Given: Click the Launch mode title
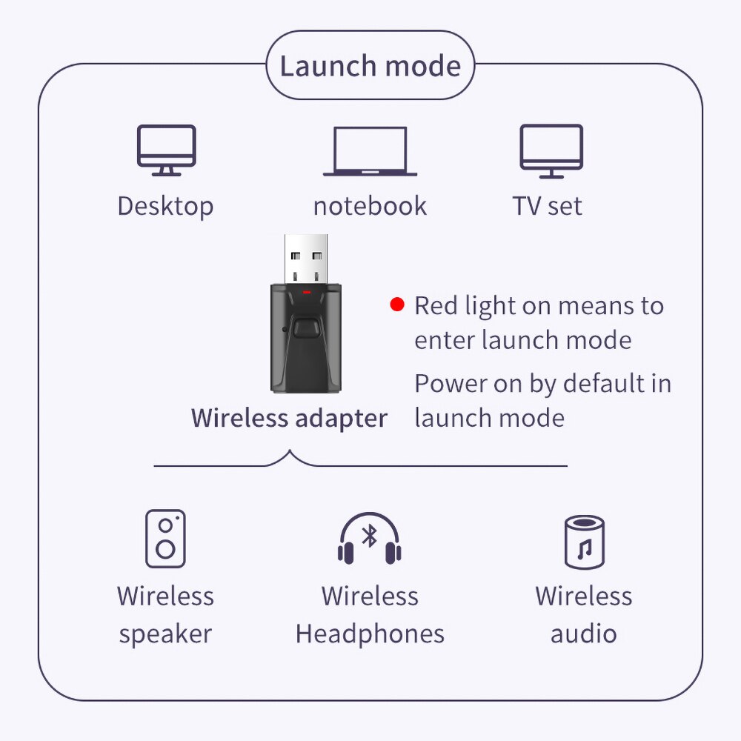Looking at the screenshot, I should [x=370, y=66].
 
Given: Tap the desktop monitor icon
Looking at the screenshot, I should [x=167, y=150].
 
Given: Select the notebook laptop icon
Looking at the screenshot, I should [x=370, y=151].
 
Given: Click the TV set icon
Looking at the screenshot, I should [x=551, y=150].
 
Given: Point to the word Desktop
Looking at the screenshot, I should [x=165, y=206].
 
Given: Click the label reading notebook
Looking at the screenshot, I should [x=370, y=206].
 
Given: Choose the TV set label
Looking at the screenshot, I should [x=548, y=206].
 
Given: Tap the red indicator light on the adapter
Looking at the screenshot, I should [x=306, y=293].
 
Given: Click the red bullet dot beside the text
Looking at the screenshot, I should [x=398, y=305].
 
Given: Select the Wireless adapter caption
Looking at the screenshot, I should [x=289, y=418].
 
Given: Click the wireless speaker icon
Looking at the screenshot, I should [x=165, y=539].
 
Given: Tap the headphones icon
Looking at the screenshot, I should [x=370, y=539].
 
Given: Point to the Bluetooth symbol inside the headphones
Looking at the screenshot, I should [x=370, y=536].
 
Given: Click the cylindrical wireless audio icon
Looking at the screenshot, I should [x=584, y=542].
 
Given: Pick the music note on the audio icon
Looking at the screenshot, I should [x=585, y=549].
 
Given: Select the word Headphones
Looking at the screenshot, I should [x=370, y=634].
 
